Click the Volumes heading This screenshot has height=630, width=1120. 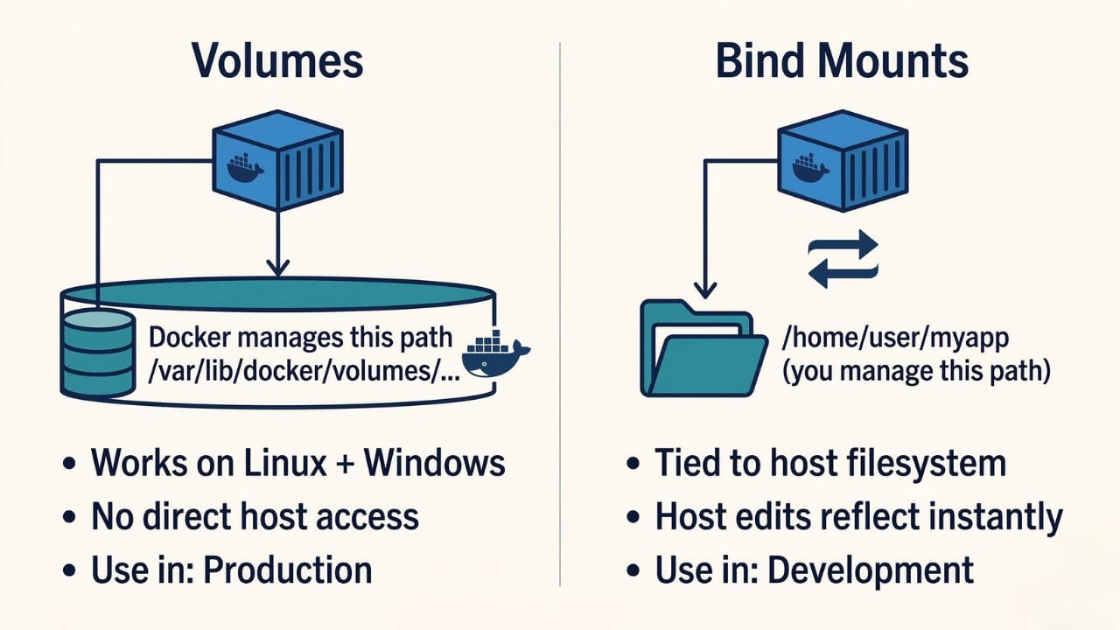[277, 62]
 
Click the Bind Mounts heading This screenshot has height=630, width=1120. [842, 62]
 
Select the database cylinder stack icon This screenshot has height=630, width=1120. [97, 352]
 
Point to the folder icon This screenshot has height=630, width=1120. [703, 348]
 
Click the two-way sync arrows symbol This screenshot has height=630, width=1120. [842, 258]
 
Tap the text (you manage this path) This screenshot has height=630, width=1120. [915, 371]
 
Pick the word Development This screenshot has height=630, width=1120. [871, 570]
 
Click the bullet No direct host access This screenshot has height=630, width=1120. [255, 516]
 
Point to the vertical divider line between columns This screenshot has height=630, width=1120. [560, 315]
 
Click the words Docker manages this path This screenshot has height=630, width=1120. [302, 337]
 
